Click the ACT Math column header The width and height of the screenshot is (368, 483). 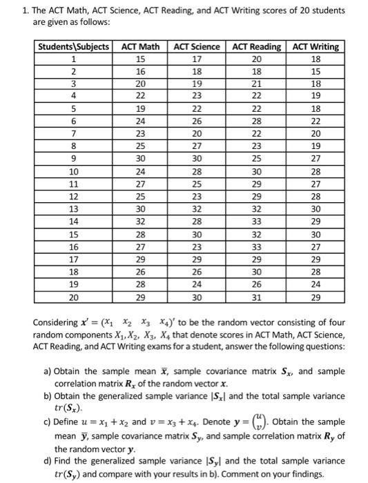tap(140, 47)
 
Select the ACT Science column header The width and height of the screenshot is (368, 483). tap(197, 47)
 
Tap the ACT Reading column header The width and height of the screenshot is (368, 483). tap(256, 47)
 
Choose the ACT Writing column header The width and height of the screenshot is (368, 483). tap(316, 47)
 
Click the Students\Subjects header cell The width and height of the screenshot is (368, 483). tap(73, 47)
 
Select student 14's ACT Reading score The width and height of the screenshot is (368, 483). tap(256, 221)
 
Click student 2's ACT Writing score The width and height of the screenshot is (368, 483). tap(316, 70)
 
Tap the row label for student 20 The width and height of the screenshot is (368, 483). tap(73, 297)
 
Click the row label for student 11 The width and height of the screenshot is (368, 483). tap(73, 183)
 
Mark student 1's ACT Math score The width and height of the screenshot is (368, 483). tap(140, 59)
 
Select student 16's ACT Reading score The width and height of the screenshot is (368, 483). tap(256, 246)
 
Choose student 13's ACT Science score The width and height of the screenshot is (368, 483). tap(197, 208)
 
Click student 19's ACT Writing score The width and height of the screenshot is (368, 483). tap(316, 284)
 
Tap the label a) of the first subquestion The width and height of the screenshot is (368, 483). tap(48, 371)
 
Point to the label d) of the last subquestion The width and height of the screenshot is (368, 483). tap(48, 460)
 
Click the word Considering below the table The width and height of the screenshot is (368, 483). tap(58, 323)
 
